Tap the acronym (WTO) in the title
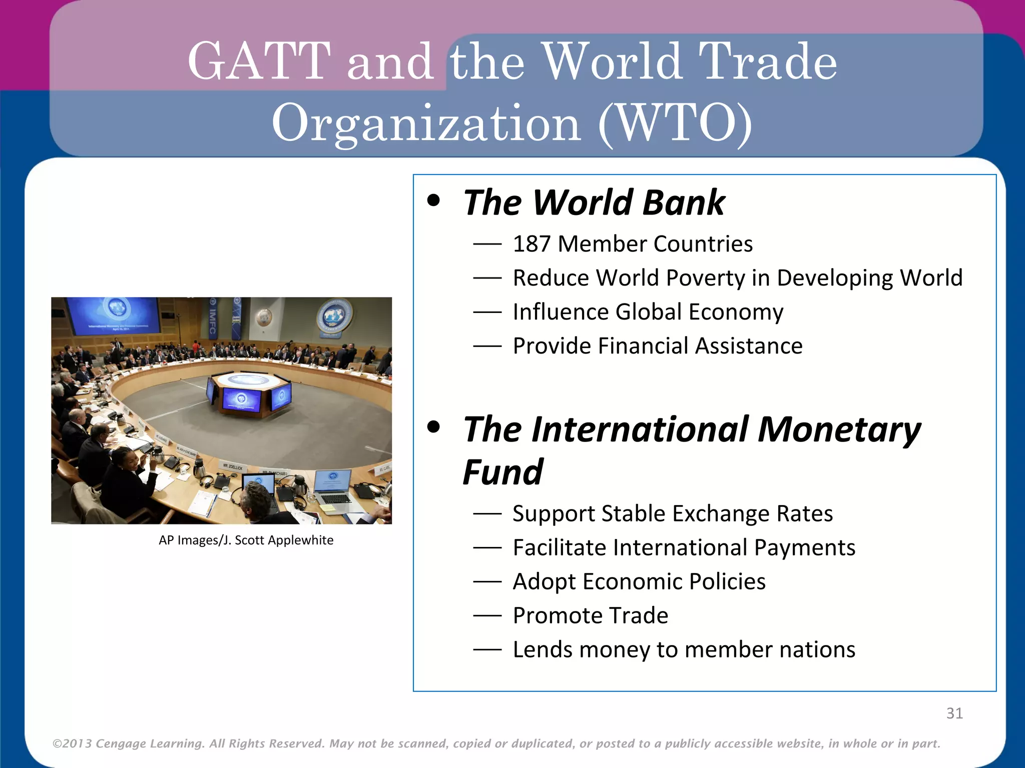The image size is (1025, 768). coord(675,123)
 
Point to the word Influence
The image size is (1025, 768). coord(560,312)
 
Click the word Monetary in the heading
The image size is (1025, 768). coord(839,429)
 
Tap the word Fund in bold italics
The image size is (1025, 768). coord(502,472)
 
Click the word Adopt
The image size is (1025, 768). coord(544,581)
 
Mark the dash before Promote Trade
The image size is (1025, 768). coord(487,616)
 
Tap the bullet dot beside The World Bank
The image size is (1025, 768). coord(433,201)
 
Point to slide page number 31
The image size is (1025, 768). coord(954,713)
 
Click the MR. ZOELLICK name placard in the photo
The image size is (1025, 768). coord(233,466)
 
